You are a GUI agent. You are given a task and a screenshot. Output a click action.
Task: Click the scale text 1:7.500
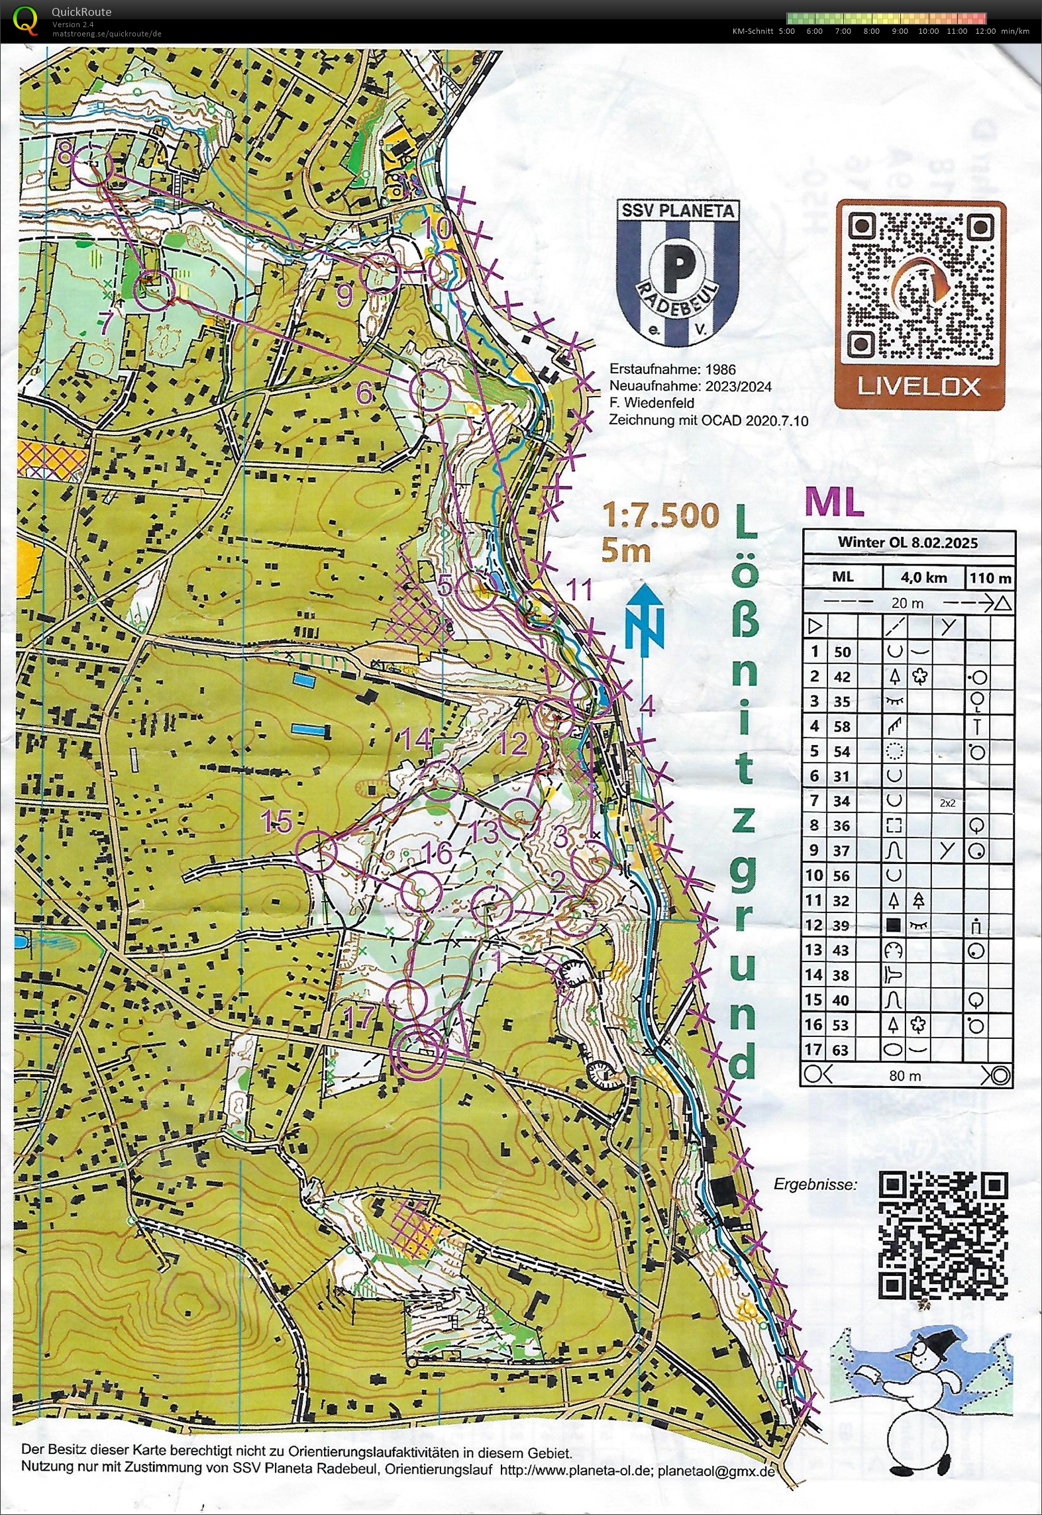tap(660, 516)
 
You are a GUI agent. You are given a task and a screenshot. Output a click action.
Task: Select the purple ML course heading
tap(835, 504)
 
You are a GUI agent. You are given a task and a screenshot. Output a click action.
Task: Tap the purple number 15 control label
tap(276, 822)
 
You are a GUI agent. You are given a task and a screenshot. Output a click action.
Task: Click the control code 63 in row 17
tap(841, 1050)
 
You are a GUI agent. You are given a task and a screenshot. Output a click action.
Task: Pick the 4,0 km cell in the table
tap(923, 577)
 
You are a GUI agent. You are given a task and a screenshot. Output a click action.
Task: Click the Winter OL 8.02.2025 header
tap(908, 542)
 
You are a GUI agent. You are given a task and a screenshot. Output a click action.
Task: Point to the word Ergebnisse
tap(815, 1184)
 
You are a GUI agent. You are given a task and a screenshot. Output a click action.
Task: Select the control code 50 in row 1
tap(841, 652)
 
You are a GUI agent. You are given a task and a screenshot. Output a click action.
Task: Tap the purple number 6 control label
tap(364, 394)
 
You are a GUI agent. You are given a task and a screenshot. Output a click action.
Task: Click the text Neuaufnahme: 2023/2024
tap(690, 386)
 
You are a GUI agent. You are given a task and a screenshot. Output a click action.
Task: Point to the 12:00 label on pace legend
tap(986, 31)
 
